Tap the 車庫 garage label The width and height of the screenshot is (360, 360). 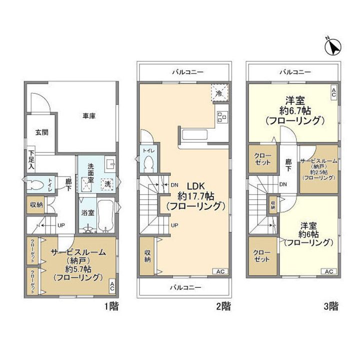(89, 116)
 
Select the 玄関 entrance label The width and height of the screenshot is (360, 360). (41, 132)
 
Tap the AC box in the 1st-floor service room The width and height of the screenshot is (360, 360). (112, 287)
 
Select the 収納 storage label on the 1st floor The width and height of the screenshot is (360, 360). (36, 204)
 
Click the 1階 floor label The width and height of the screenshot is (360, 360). (112, 305)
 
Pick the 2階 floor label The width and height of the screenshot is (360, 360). (223, 305)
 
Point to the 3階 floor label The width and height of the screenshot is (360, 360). (330, 305)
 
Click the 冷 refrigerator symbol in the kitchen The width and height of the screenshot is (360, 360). (219, 92)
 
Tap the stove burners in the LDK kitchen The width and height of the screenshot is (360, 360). (220, 117)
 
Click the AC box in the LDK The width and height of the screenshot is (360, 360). (220, 271)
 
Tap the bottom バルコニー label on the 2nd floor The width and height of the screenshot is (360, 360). (185, 287)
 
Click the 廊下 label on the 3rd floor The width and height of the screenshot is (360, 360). (288, 165)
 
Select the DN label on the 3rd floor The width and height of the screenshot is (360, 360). (283, 184)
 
